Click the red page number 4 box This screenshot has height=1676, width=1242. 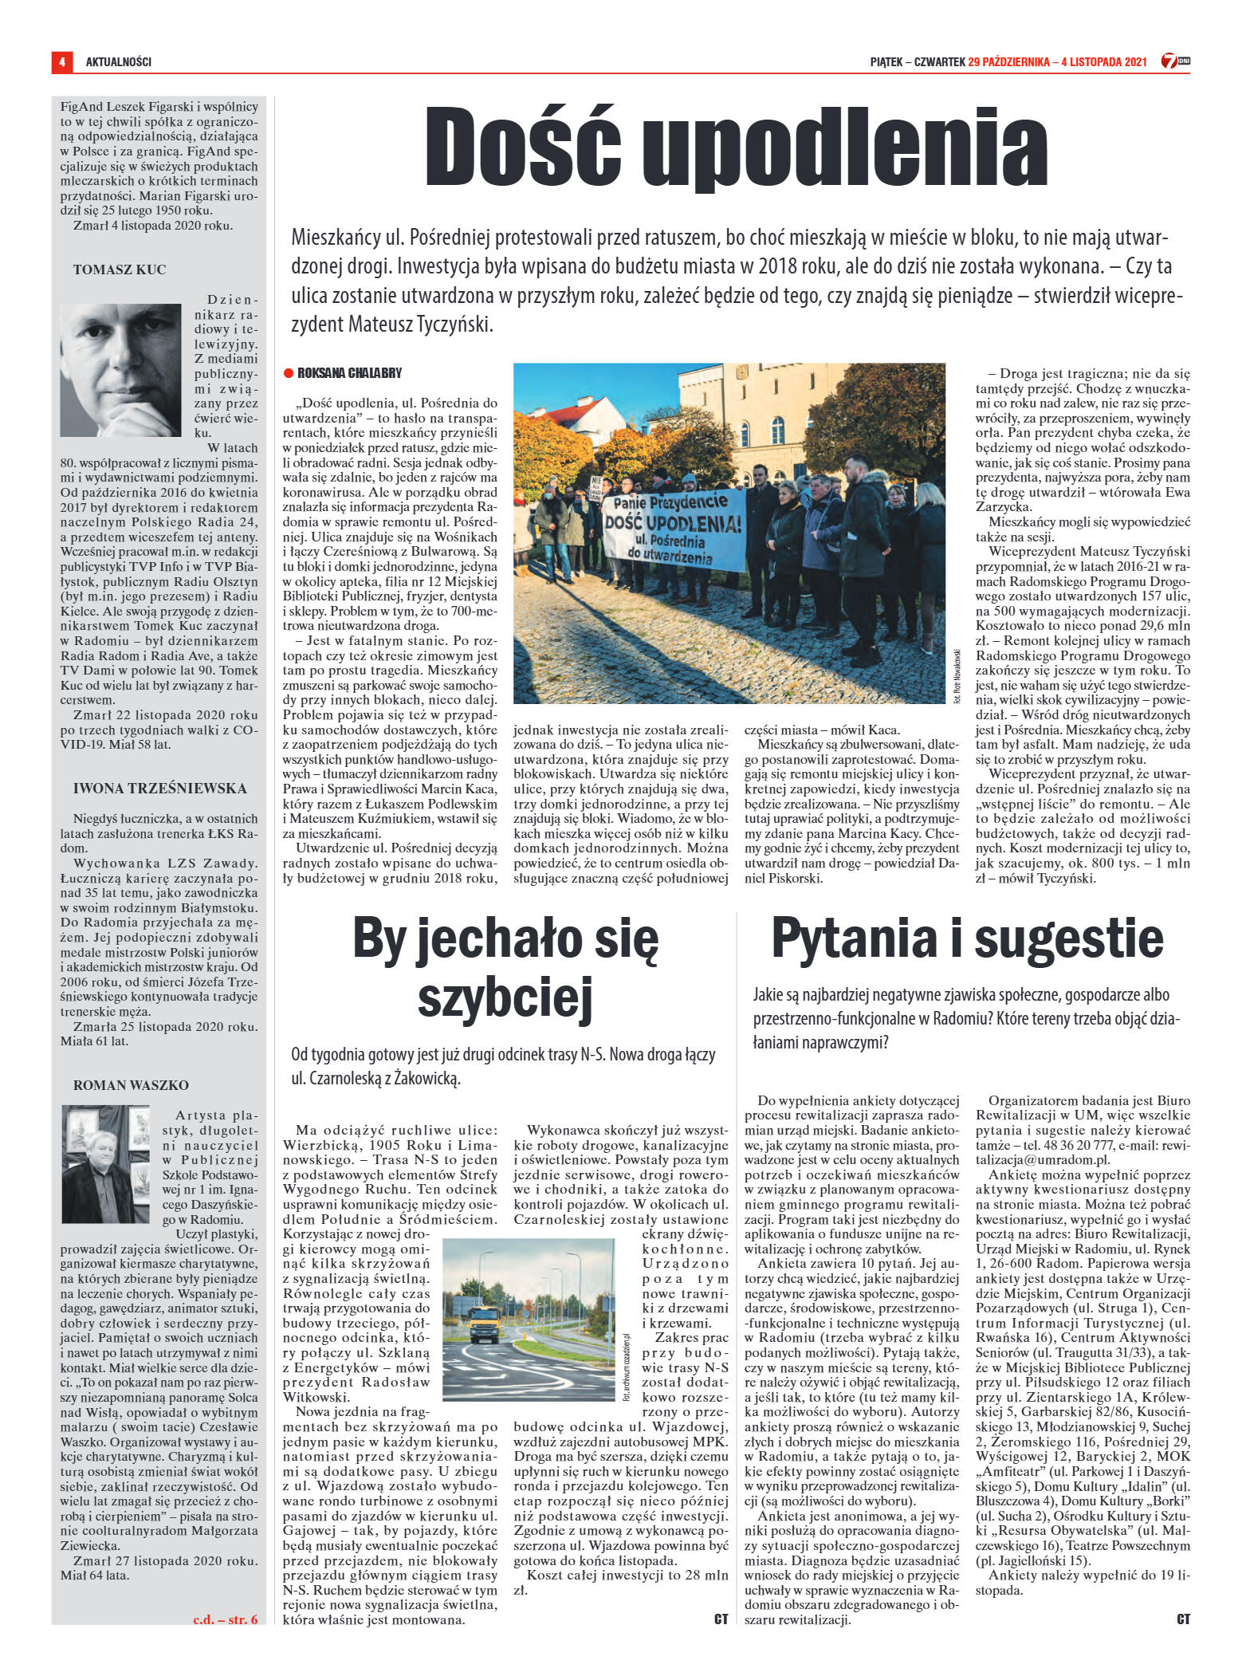click(x=61, y=61)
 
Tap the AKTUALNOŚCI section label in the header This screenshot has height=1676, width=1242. click(x=118, y=61)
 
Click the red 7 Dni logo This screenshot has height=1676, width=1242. click(x=1175, y=61)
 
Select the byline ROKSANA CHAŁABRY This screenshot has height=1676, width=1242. click(x=349, y=373)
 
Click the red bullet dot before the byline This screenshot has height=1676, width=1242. click(x=289, y=373)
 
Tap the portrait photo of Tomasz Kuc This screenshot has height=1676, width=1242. click(x=120, y=370)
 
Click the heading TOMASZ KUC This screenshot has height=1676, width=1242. click(x=120, y=269)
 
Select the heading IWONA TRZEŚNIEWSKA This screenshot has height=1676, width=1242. click(x=159, y=789)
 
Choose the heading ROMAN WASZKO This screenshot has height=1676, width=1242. click(x=131, y=1085)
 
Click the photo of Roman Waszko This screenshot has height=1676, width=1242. click(x=106, y=1163)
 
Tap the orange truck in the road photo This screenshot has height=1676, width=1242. click(x=485, y=1324)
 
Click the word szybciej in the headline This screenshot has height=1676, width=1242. click(x=506, y=997)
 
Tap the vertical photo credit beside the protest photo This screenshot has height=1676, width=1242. click(x=957, y=675)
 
